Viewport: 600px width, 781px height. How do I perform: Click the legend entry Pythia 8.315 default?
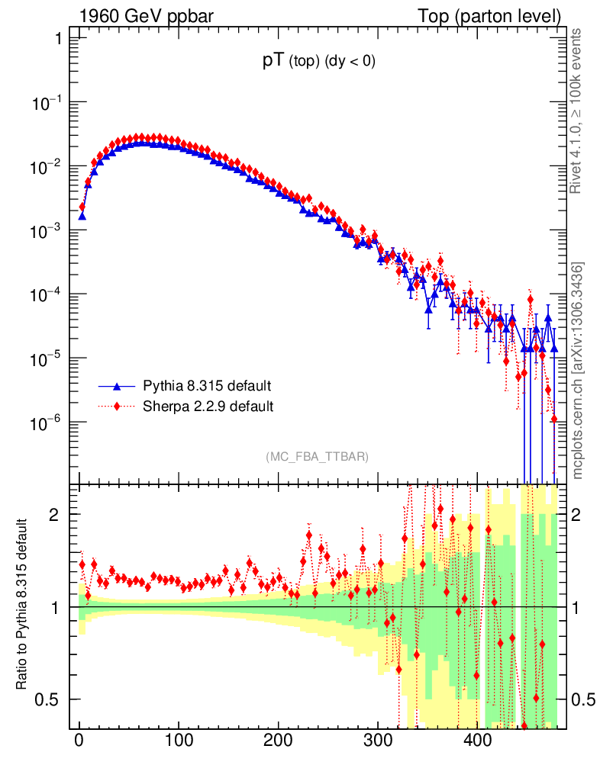(x=207, y=385)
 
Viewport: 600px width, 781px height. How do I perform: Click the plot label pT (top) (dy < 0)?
(x=318, y=63)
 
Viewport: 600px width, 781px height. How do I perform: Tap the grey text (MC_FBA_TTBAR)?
(x=318, y=457)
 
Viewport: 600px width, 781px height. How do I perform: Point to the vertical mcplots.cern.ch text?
(x=579, y=371)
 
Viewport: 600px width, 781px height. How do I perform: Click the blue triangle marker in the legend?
(x=118, y=385)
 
